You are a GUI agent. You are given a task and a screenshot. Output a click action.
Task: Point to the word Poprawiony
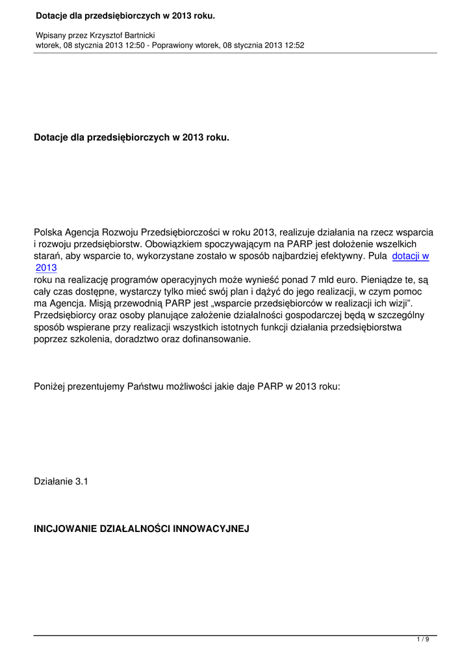pyautogui.click(x=169, y=46)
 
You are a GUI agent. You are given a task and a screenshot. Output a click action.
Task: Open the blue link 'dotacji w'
pyautogui.click(x=411, y=256)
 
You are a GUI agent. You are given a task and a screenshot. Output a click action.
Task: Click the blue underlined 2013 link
pyautogui.click(x=47, y=267)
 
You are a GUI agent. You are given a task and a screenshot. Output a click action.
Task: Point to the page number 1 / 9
pyautogui.click(x=423, y=640)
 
